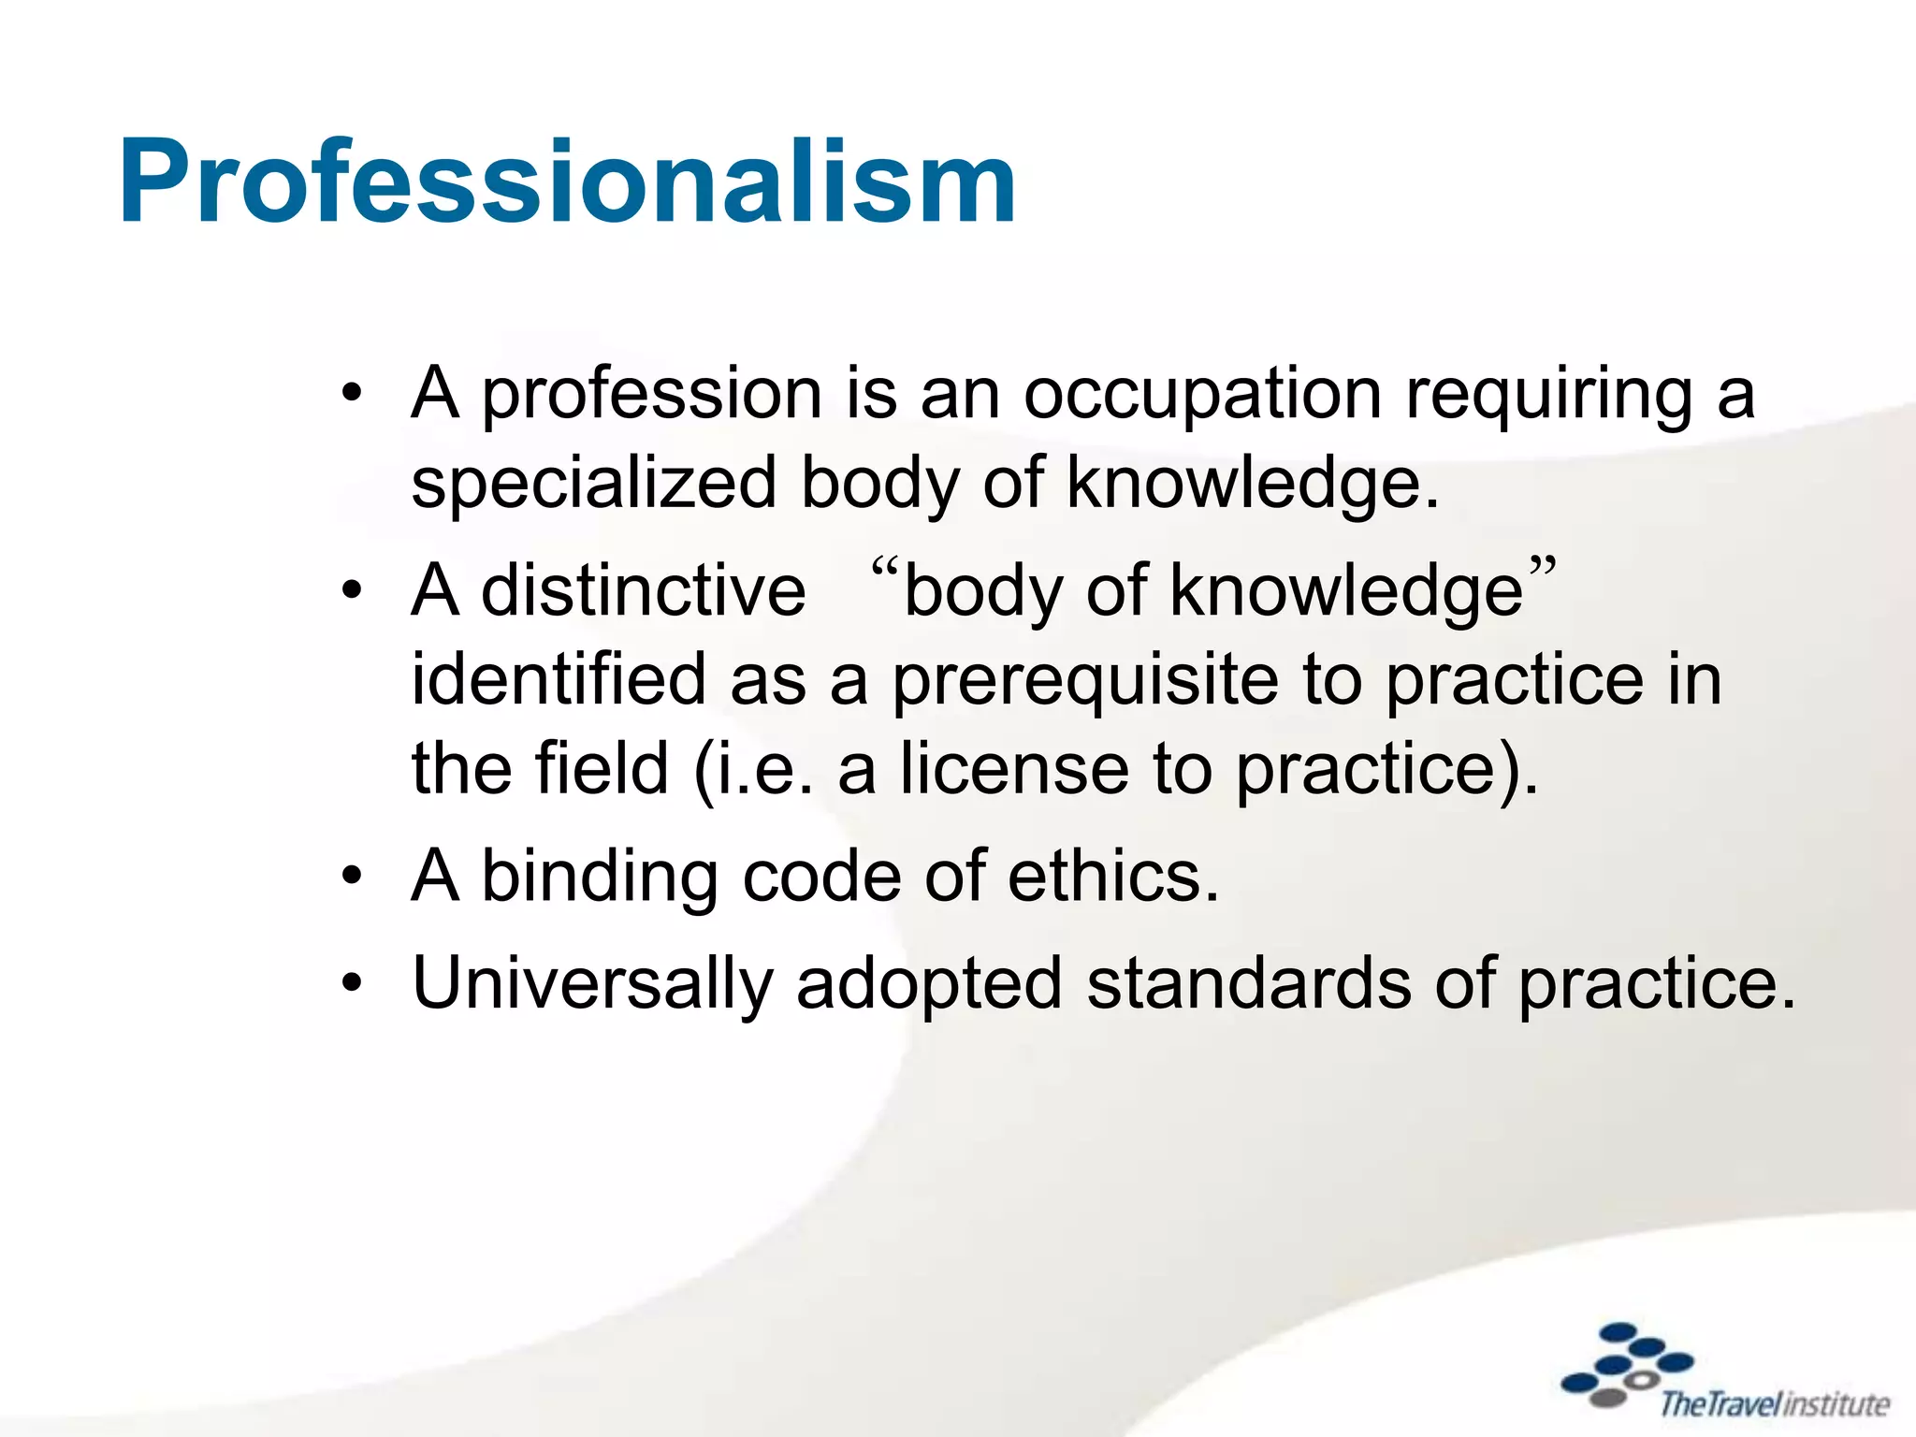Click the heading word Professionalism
click(x=567, y=181)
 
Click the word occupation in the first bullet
click(x=1202, y=395)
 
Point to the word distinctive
click(x=643, y=591)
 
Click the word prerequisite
click(x=1084, y=681)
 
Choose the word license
click(x=1015, y=769)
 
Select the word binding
click(x=600, y=878)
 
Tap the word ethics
click(x=1113, y=877)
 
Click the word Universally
click(x=592, y=985)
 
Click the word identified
click(x=559, y=680)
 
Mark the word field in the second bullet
click(x=601, y=769)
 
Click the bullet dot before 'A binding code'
click(x=352, y=878)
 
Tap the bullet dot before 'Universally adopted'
click(x=352, y=985)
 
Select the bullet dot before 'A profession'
click(x=352, y=394)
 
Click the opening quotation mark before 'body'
click(x=884, y=568)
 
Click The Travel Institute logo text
click(x=1774, y=1404)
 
